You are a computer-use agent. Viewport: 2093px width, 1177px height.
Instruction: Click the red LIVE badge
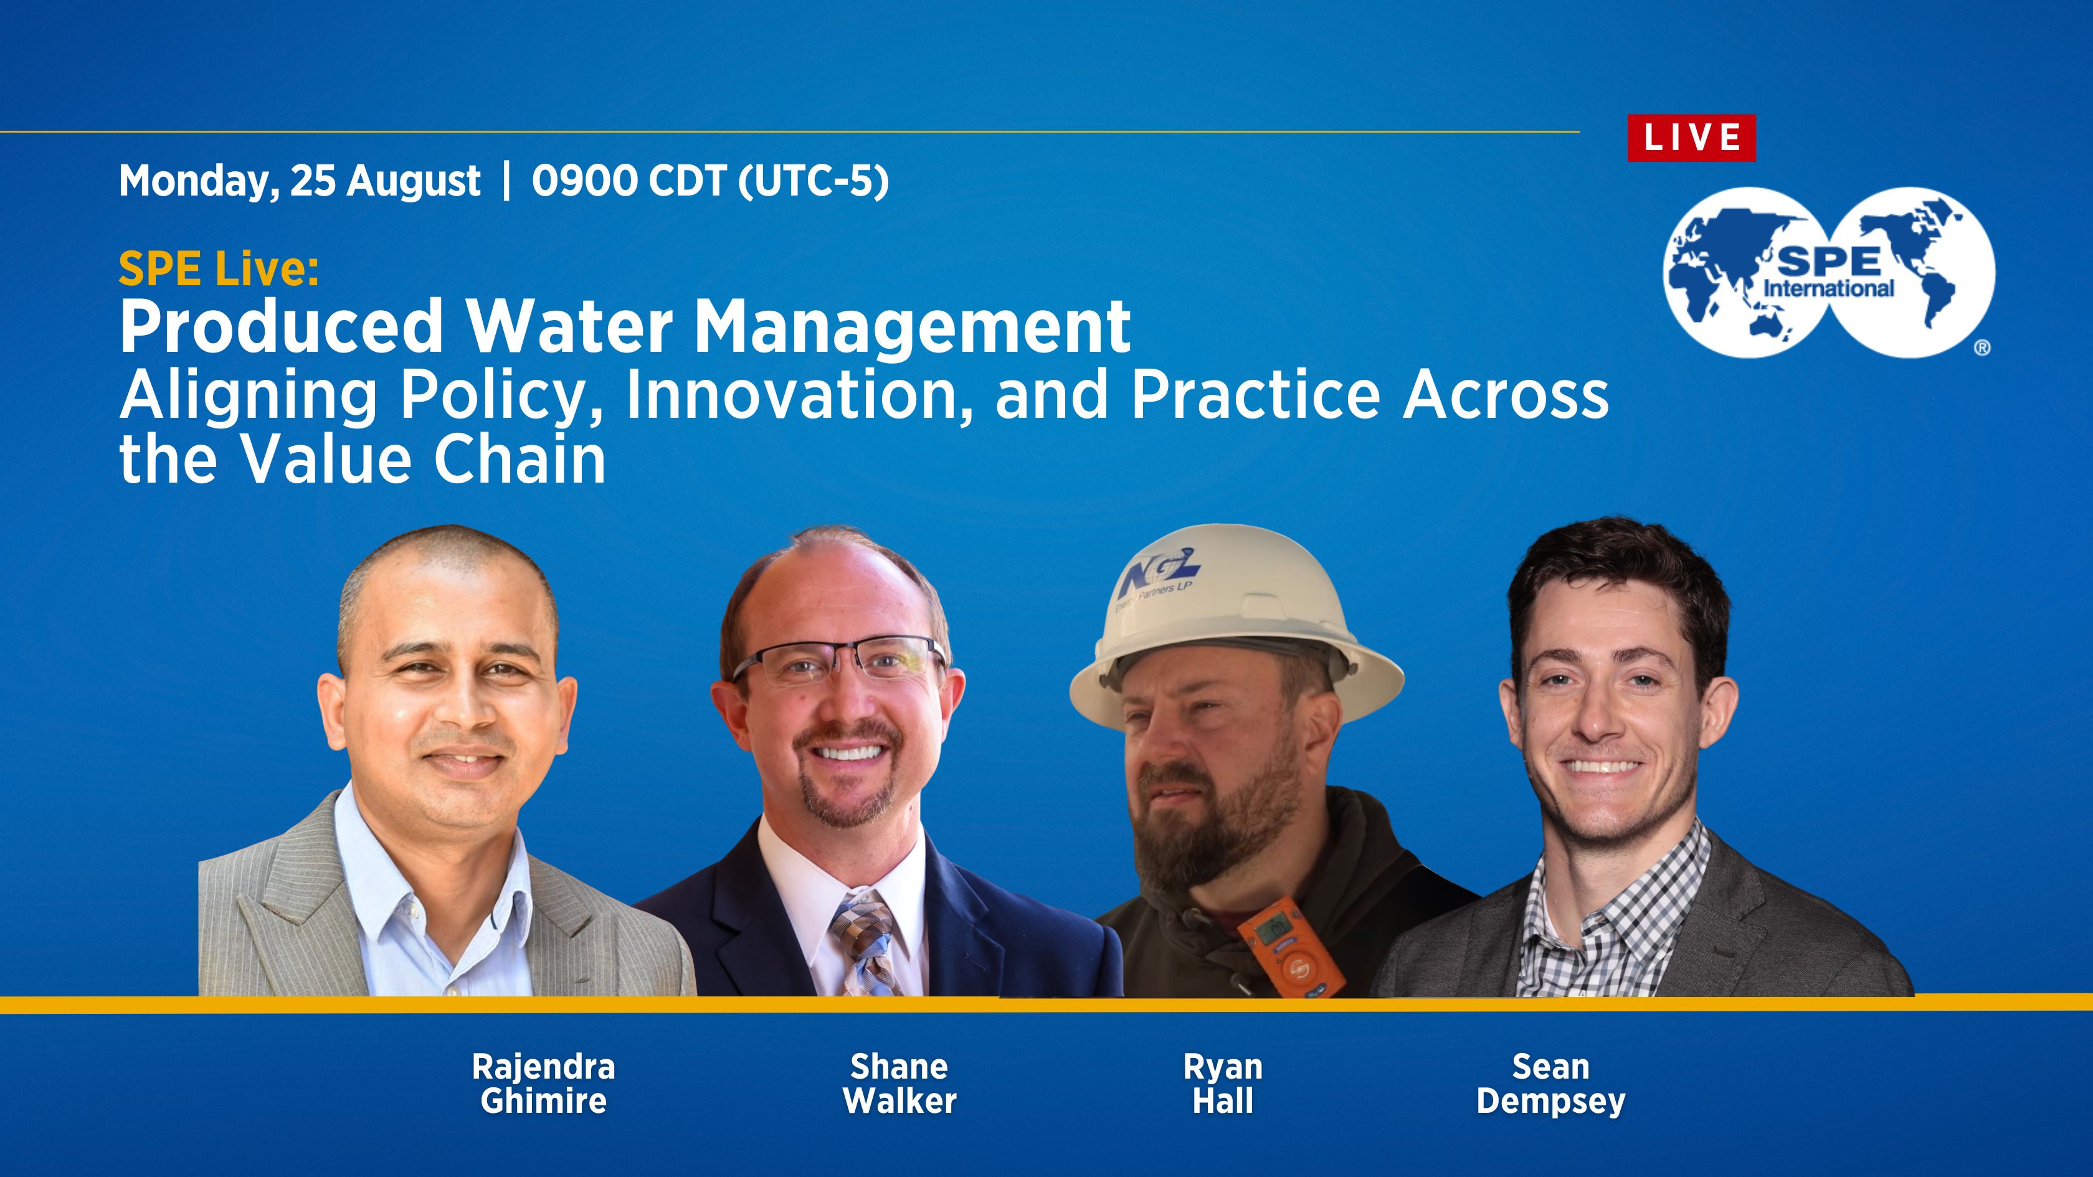(1691, 138)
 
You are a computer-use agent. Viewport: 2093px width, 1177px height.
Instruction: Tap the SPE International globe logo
(1828, 273)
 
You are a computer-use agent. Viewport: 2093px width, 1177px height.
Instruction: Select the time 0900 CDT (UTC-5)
(710, 181)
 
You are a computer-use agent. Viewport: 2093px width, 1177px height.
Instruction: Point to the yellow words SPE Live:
(219, 269)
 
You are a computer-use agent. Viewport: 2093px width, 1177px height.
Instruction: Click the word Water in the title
(569, 326)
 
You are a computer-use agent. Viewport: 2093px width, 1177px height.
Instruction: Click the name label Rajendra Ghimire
(544, 1084)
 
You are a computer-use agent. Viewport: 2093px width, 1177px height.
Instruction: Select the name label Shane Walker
(899, 1084)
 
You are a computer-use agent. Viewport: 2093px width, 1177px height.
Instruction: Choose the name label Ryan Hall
(1223, 1084)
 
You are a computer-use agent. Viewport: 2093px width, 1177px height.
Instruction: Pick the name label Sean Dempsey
(1551, 1084)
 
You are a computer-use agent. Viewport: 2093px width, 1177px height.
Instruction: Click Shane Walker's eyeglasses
(839, 662)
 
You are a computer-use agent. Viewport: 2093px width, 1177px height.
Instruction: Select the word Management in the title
(913, 326)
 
